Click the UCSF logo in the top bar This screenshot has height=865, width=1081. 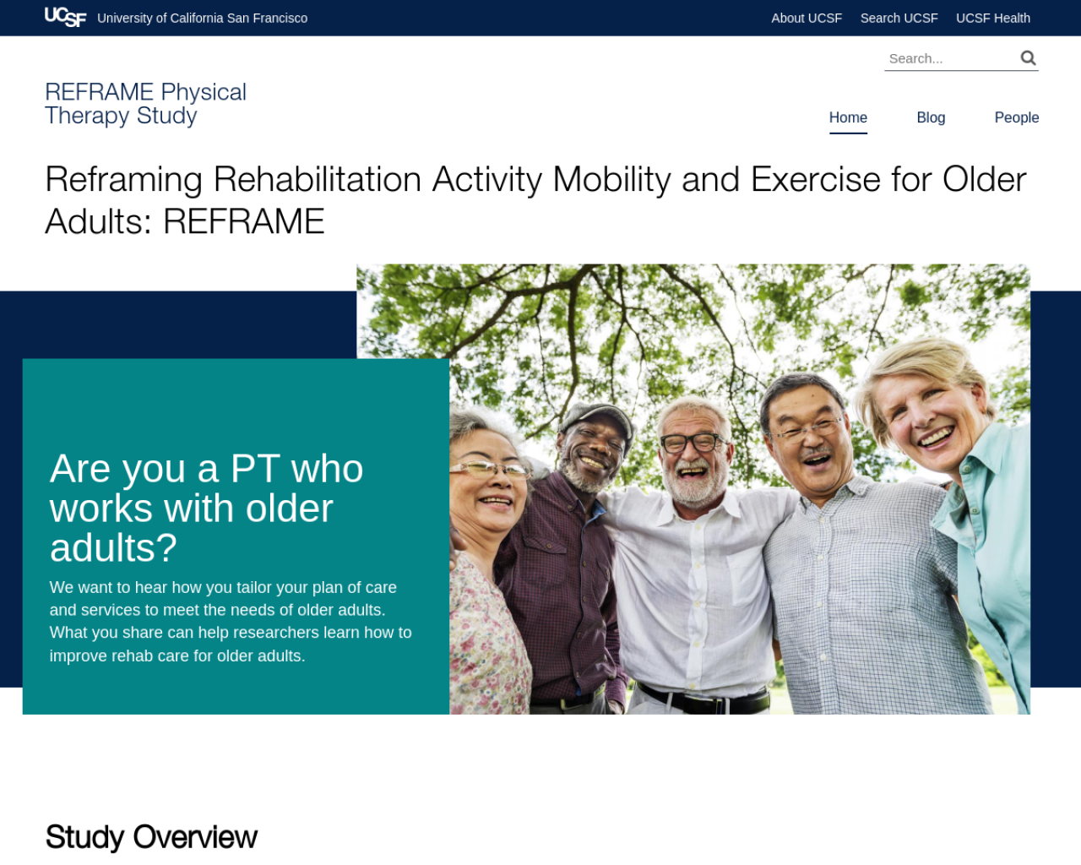(65, 17)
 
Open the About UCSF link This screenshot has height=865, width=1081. (807, 18)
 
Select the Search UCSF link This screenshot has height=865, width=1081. (899, 18)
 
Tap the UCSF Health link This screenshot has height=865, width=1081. (992, 18)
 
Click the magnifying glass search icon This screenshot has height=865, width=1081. (1028, 57)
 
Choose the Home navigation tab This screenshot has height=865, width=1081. (848, 117)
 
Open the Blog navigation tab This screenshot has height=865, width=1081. (931, 117)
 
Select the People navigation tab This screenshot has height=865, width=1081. (1017, 117)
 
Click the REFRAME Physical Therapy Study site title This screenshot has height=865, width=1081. (145, 104)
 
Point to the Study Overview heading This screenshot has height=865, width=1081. (151, 837)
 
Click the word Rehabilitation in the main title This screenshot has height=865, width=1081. (318, 179)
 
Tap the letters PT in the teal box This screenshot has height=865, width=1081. (255, 469)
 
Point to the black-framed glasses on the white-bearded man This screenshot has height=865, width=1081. (693, 443)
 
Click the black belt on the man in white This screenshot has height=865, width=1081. (703, 698)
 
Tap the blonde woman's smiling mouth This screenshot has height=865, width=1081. (936, 436)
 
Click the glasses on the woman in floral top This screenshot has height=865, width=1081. (490, 470)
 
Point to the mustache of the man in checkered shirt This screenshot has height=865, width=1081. (815, 452)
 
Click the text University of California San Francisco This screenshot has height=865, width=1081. (203, 18)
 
